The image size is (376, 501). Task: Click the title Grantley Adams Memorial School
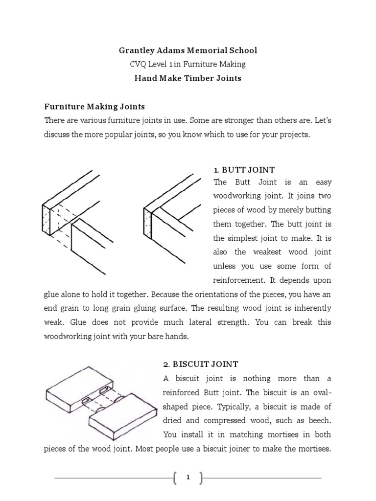[188, 50]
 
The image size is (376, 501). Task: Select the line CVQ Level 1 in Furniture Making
[188, 64]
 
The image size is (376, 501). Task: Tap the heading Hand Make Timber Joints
[188, 78]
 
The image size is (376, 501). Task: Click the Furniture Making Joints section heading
[94, 106]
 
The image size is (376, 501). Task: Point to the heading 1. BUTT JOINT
[244, 170]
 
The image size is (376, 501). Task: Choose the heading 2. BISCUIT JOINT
[200, 364]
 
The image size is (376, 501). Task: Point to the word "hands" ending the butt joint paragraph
[177, 337]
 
